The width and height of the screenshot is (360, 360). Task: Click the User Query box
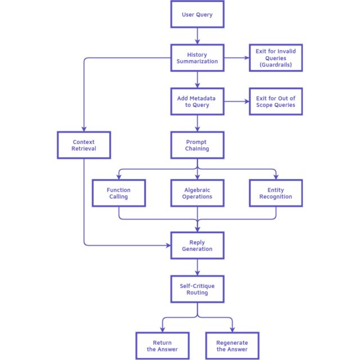pyautogui.click(x=197, y=15)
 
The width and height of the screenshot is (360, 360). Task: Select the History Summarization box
pyautogui.click(x=197, y=58)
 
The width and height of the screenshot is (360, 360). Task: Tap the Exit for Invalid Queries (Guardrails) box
pyautogui.click(x=276, y=58)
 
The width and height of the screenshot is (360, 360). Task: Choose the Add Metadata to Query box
pyautogui.click(x=197, y=101)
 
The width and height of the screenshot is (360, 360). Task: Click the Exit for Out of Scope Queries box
pyautogui.click(x=276, y=101)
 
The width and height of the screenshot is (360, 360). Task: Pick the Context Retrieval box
pyautogui.click(x=84, y=145)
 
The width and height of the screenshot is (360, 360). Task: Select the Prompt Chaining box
pyautogui.click(x=197, y=145)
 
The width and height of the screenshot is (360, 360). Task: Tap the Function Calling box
pyautogui.click(x=119, y=193)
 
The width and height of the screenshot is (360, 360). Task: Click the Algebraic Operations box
pyautogui.click(x=197, y=193)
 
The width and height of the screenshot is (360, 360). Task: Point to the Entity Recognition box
pyautogui.click(x=276, y=193)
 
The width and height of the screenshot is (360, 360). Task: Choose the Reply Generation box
pyautogui.click(x=197, y=245)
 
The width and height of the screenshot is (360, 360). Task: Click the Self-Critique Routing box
pyautogui.click(x=197, y=289)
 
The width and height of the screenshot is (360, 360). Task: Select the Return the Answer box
pyautogui.click(x=163, y=346)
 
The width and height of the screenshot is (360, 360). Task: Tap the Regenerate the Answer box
pyautogui.click(x=232, y=346)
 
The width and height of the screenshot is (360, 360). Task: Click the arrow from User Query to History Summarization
pyautogui.click(x=197, y=36)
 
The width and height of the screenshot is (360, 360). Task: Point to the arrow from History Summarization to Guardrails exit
pyautogui.click(x=236, y=58)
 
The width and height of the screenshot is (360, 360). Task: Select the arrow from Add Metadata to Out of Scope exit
pyautogui.click(x=236, y=101)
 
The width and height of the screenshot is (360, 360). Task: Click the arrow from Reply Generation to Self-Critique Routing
pyautogui.click(x=197, y=267)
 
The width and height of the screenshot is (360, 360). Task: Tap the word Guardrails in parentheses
pyautogui.click(x=276, y=65)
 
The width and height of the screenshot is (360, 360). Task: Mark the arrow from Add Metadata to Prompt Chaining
pyautogui.click(x=197, y=123)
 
